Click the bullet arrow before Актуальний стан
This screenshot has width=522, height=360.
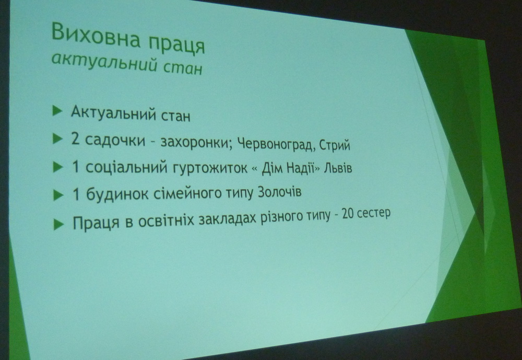(57, 111)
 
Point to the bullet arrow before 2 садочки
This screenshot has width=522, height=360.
(57, 138)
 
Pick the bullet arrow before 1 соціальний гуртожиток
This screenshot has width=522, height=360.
(58, 167)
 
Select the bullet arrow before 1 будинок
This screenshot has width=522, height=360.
(58, 195)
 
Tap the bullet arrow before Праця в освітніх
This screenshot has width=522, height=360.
(58, 224)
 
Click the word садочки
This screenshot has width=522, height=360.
(115, 140)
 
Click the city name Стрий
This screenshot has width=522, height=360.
(335, 145)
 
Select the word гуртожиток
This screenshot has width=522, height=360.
(210, 167)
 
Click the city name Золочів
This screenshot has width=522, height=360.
(280, 192)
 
